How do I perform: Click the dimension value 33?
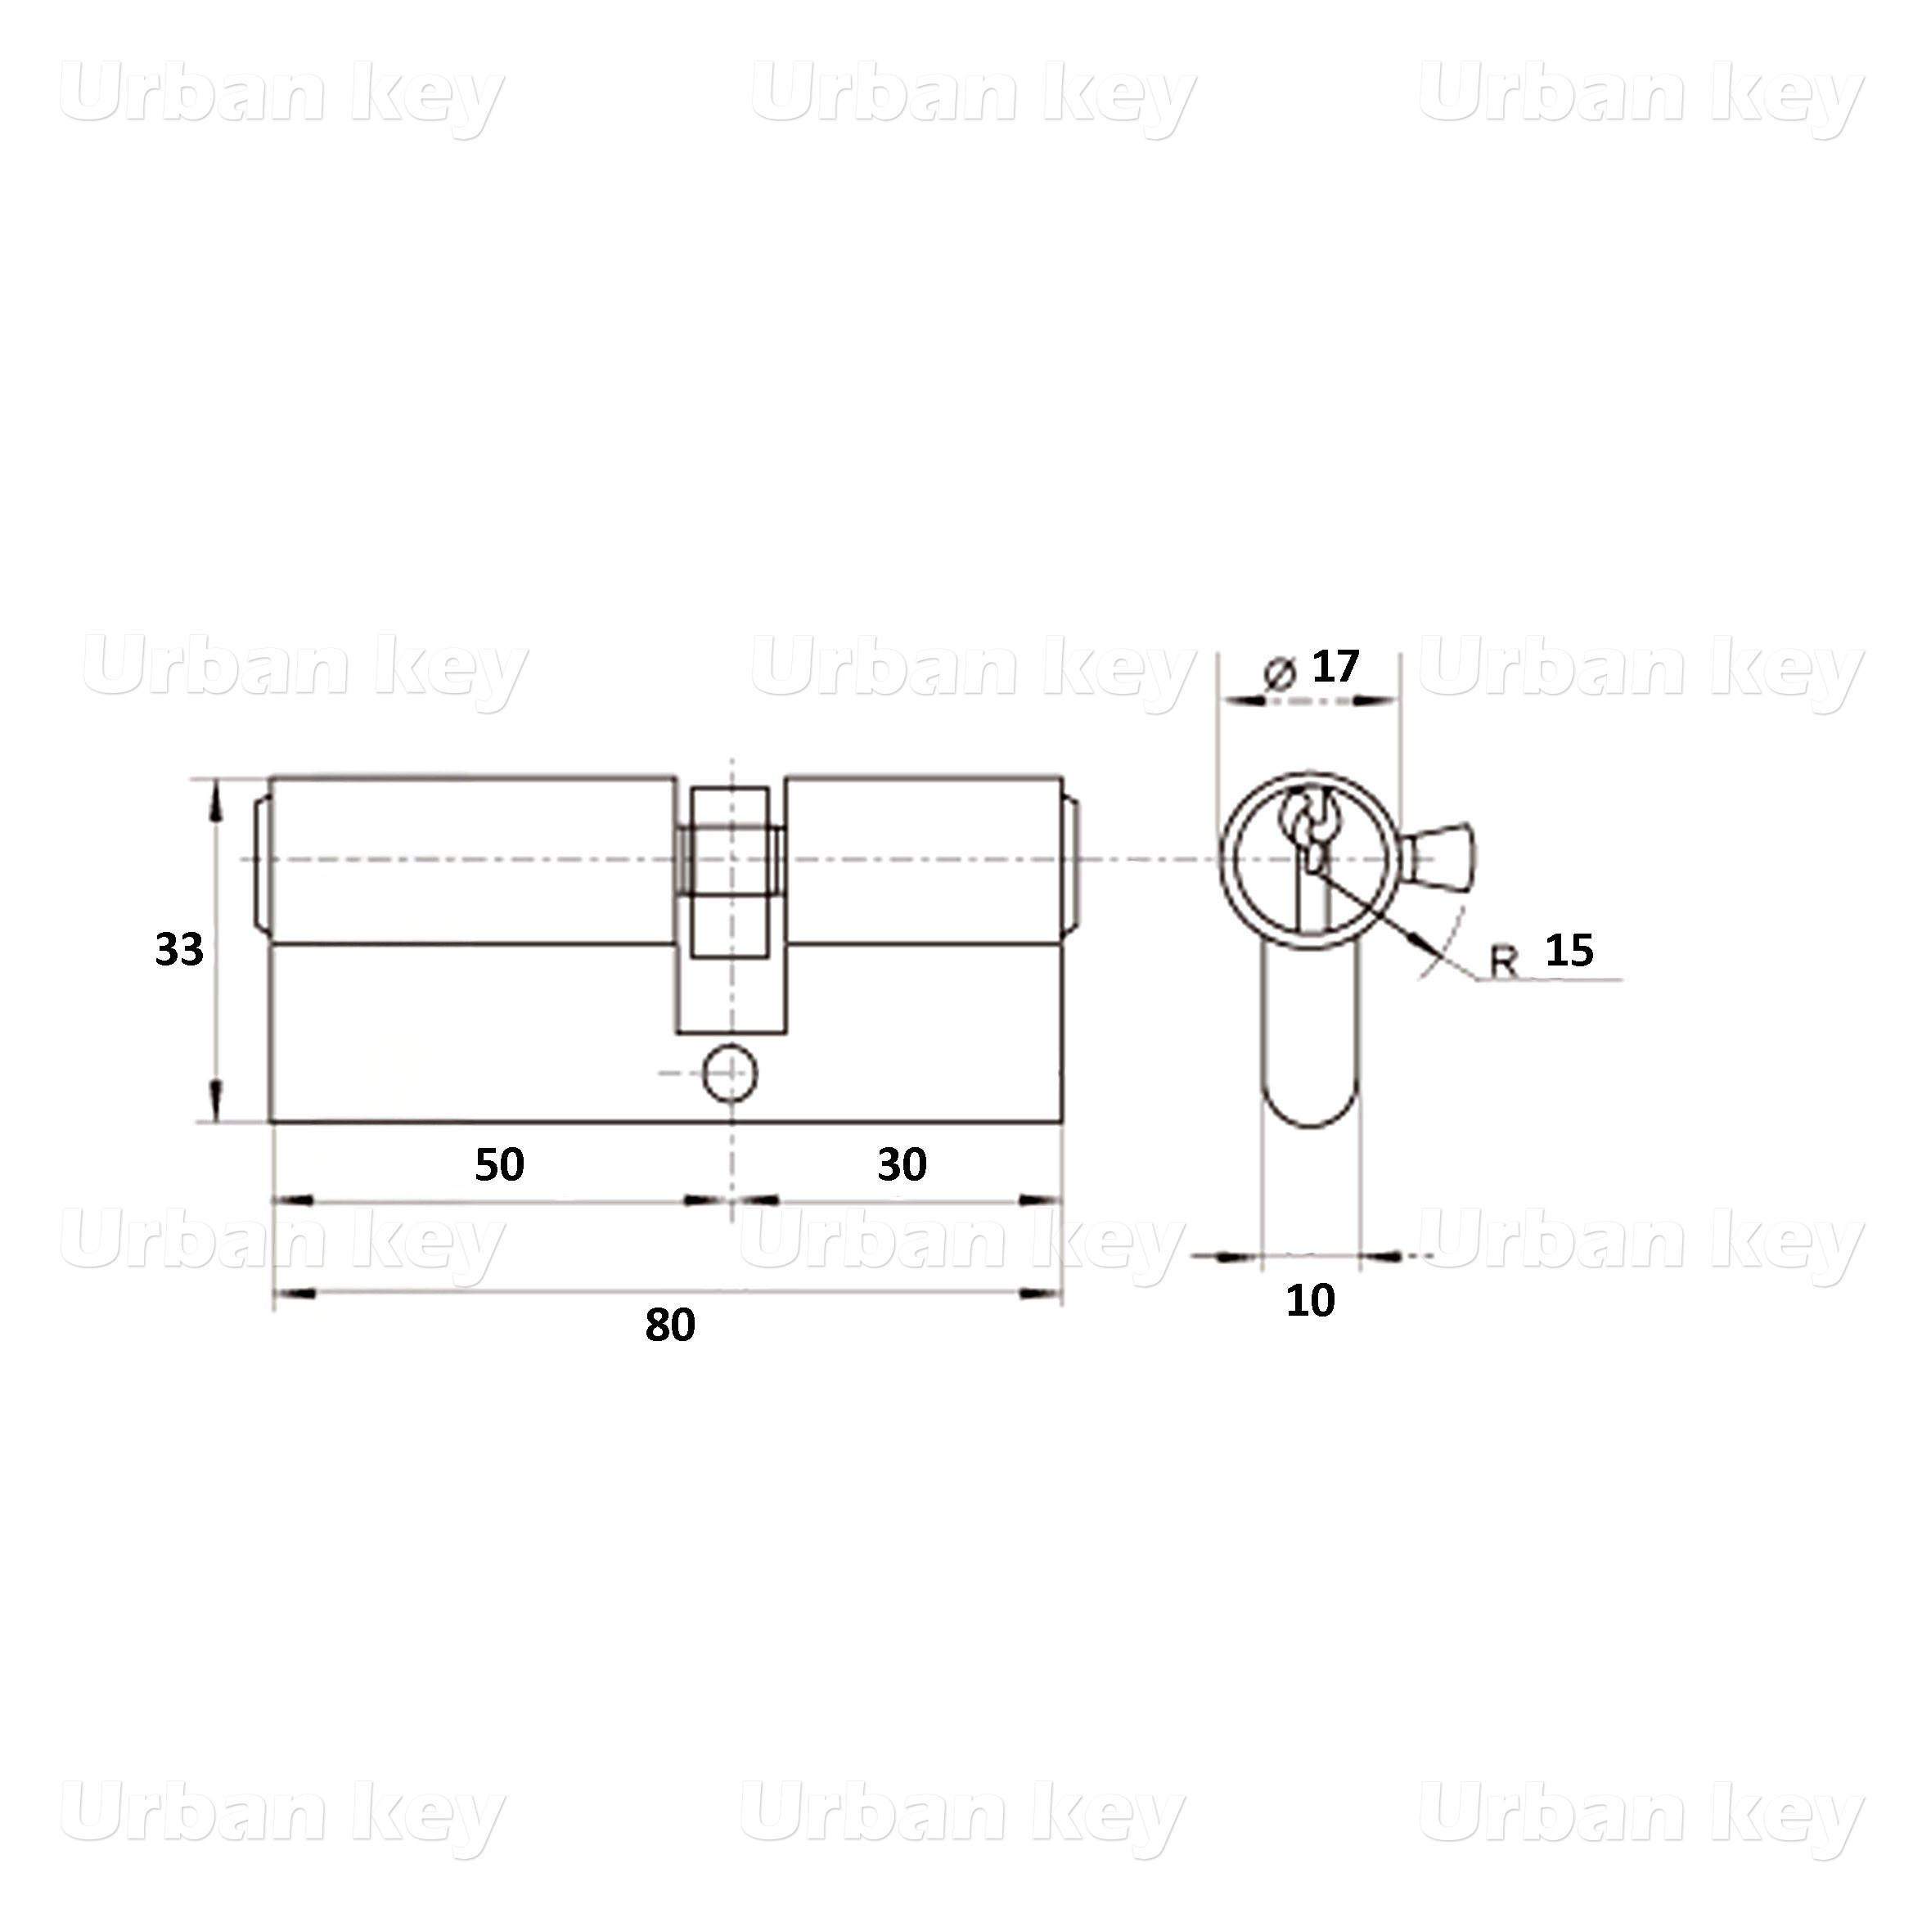click(179, 950)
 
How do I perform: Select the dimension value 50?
click(499, 1165)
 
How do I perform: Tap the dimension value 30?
click(902, 1165)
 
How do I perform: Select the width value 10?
click(1310, 1301)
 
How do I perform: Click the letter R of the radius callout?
click(1504, 961)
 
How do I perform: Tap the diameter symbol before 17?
click(1280, 673)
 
